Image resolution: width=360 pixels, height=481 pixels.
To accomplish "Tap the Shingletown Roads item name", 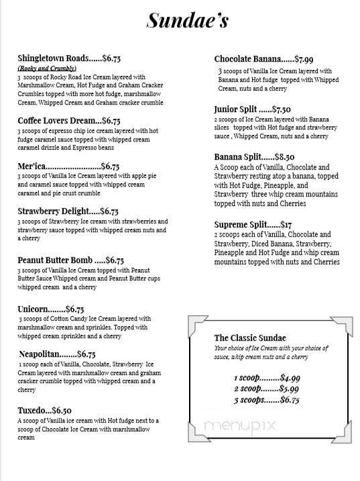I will pyautogui.click(x=52, y=59).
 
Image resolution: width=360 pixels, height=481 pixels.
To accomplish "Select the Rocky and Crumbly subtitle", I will pyautogui.click(x=46, y=68).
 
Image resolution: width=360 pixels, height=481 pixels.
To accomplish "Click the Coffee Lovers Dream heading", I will pyautogui.click(x=54, y=121).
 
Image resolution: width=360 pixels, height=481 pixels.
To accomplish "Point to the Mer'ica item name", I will pyautogui.click(x=32, y=166).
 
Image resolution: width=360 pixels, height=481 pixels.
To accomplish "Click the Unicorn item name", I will pyautogui.click(x=32, y=309).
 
